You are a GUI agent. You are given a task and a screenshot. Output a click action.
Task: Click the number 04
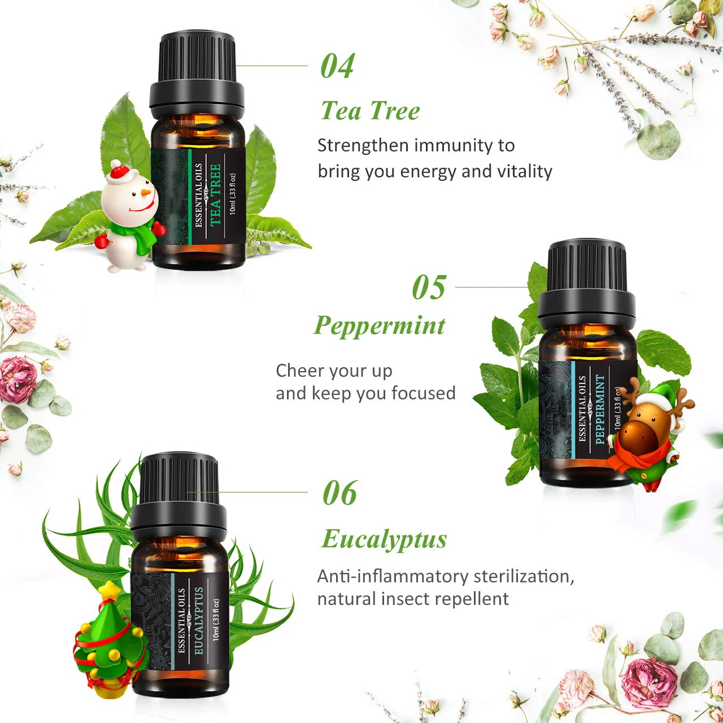pos(337,66)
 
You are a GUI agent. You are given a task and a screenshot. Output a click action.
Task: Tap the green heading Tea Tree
pos(370,111)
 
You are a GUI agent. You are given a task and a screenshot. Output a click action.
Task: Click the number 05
pos(429,288)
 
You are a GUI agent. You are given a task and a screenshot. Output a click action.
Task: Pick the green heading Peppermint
pos(380,325)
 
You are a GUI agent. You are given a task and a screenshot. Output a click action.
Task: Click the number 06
pos(339,493)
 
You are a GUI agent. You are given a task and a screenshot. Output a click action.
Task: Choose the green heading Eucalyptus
pos(384,539)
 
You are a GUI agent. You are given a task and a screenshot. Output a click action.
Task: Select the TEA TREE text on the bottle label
pos(215,195)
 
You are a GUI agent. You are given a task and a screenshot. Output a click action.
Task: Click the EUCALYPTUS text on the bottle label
pos(198,620)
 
